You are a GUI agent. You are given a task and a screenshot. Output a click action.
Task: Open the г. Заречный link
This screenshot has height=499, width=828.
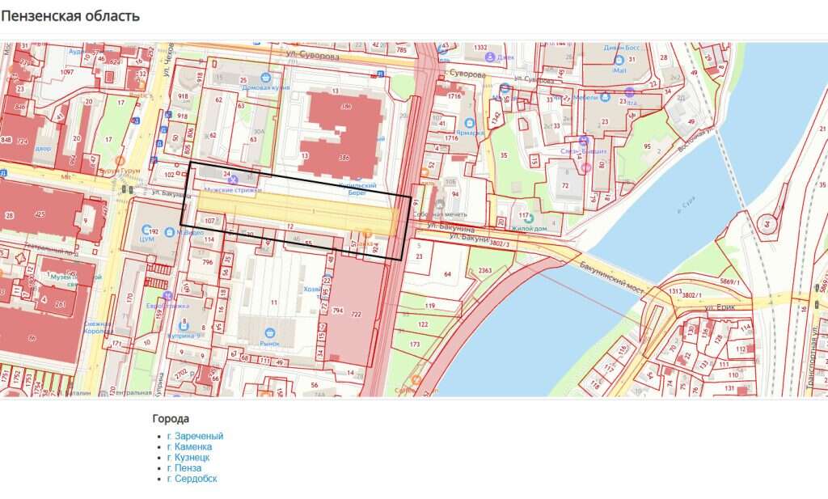point(195,436)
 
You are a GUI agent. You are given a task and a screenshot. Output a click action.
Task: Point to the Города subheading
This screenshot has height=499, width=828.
point(171,418)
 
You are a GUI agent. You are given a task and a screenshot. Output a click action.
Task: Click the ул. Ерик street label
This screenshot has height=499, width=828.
point(718,307)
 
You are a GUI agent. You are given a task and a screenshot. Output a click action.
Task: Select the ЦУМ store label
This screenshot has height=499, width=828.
point(147,239)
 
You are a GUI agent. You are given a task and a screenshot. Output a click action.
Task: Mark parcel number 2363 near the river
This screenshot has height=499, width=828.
point(486,270)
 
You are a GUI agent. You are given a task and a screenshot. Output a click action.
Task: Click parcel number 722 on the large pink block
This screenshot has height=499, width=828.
point(355,315)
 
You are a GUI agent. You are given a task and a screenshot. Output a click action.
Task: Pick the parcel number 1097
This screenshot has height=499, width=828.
point(66,72)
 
